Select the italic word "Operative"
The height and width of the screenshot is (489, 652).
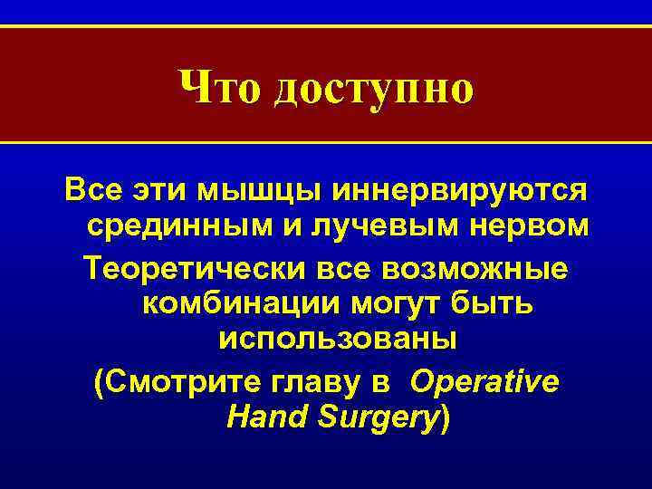[484, 381]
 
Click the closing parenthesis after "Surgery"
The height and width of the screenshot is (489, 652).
[443, 417]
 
